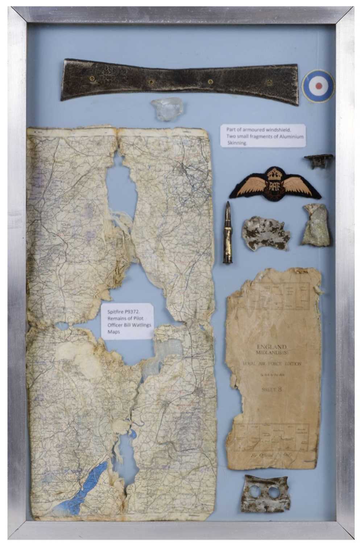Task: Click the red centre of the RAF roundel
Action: tap(319, 86)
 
